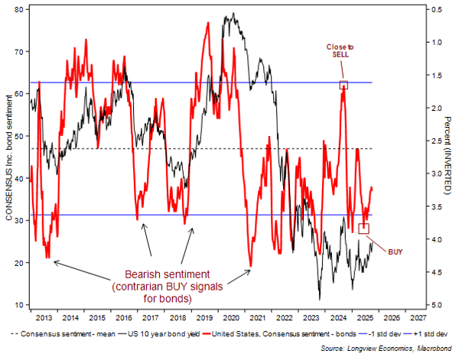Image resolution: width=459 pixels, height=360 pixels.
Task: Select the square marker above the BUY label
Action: (x=364, y=228)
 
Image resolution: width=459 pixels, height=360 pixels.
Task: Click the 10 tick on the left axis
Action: (x=21, y=305)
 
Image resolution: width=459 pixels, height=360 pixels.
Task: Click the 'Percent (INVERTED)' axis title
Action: (x=441, y=157)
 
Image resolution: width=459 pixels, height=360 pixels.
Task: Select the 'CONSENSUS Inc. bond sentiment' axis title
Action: (x=10, y=157)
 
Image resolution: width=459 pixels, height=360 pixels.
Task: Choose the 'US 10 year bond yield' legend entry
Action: (x=153, y=333)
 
